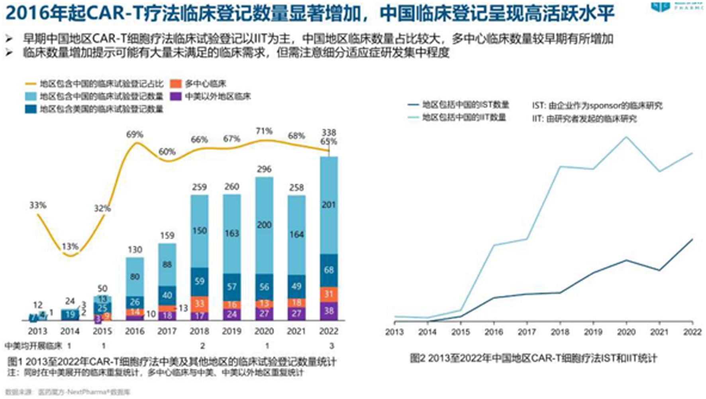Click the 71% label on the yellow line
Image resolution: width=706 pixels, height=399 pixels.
pyautogui.click(x=264, y=131)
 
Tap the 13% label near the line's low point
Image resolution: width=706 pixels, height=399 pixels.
pyautogui.click(x=70, y=246)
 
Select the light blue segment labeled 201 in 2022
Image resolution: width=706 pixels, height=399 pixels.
pyautogui.click(x=329, y=205)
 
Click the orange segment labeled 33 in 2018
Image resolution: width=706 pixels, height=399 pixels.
pyautogui.click(x=199, y=303)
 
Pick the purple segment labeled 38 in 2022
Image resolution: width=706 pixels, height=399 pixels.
pyautogui.click(x=329, y=311)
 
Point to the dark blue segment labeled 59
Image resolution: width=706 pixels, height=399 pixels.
pyautogui.click(x=199, y=281)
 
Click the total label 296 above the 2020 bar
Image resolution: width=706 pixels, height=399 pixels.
pyautogui.click(x=264, y=169)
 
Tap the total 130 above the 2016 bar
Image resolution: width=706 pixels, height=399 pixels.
pyautogui.click(x=135, y=250)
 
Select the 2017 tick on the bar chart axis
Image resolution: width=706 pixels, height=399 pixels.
pyautogui.click(x=167, y=331)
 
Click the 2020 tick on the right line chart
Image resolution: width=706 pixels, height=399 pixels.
pyautogui.click(x=626, y=332)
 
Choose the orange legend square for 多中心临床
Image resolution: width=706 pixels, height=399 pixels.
pyautogui.click(x=176, y=84)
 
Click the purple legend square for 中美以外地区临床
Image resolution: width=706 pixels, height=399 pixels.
pyautogui.click(x=176, y=96)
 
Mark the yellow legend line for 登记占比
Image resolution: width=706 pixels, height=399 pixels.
pyautogui.click(x=31, y=84)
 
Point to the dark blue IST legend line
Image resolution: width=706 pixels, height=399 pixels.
pyautogui.click(x=413, y=105)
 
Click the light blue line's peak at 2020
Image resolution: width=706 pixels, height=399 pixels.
pyautogui.click(x=626, y=137)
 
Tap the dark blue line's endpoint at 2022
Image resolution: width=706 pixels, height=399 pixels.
pyautogui.click(x=692, y=240)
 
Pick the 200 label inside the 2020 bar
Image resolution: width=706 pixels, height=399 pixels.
pyautogui.click(x=264, y=225)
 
